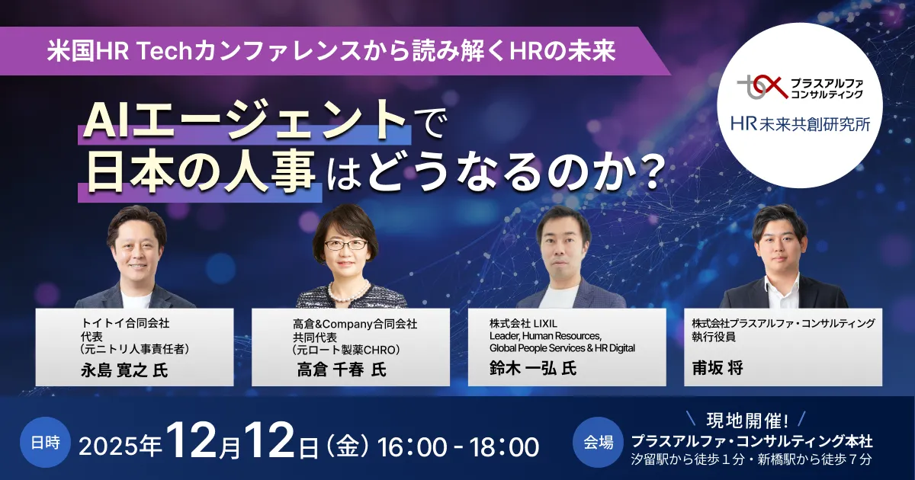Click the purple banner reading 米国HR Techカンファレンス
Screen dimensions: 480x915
coord(335,51)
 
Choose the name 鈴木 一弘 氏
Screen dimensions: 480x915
coord(533,368)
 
